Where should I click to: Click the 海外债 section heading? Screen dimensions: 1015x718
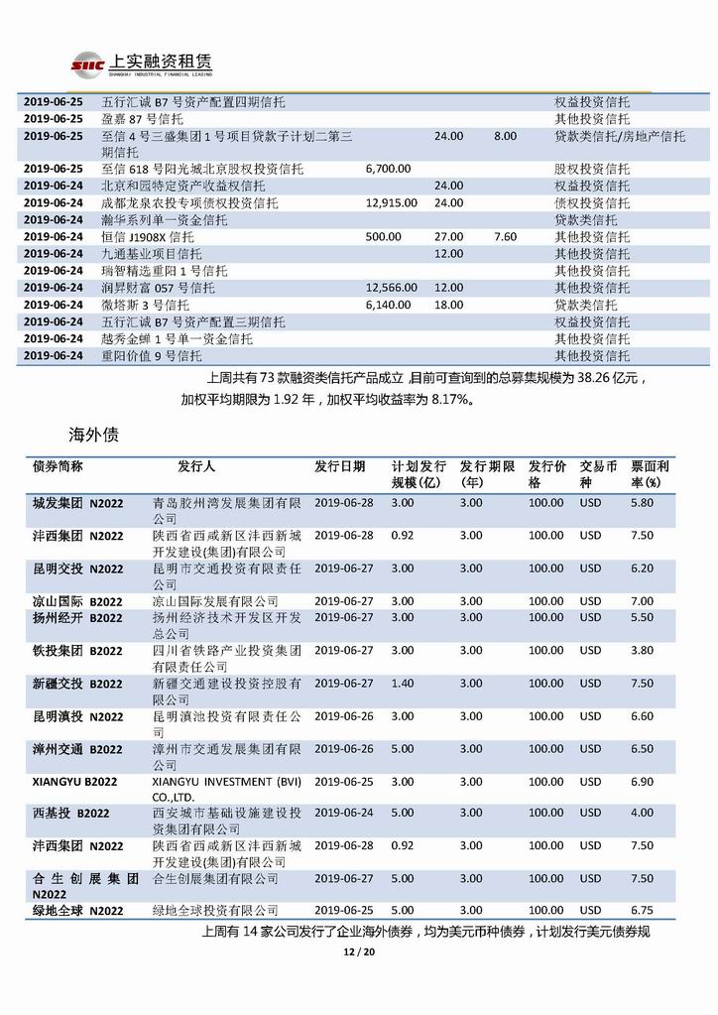pyautogui.click(x=93, y=434)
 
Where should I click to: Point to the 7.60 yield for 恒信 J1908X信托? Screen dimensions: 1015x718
pyautogui.click(x=505, y=237)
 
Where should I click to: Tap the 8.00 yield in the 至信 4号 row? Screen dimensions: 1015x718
pyautogui.click(x=505, y=136)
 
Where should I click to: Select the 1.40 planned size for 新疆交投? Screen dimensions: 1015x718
pyautogui.click(x=402, y=684)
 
